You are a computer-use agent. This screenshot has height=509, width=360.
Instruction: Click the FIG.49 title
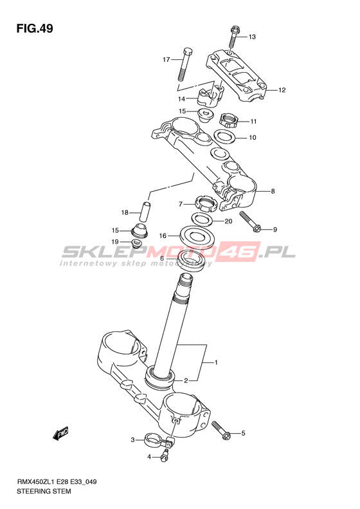pos(35,29)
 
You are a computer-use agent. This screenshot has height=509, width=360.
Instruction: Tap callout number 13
pos(252,37)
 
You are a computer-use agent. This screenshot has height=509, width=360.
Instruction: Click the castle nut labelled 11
pos(229,120)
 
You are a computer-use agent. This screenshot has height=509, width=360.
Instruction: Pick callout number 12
pos(282,90)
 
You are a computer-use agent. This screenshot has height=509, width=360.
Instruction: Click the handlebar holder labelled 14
pos(210,97)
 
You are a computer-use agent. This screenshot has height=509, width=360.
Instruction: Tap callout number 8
pos(273,191)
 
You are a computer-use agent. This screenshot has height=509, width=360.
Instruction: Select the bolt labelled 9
pos(250,223)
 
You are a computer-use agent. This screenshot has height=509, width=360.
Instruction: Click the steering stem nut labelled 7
pos(205,204)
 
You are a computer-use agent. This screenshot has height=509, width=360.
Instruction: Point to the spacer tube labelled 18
pos(146,212)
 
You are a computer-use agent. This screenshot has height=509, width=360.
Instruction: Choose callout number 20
pos(228,221)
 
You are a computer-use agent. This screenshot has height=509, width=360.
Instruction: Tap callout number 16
pos(163,236)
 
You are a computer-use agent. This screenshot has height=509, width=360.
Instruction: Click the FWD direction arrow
pos(61,433)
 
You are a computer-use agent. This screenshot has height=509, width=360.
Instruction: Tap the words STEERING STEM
pos(44,491)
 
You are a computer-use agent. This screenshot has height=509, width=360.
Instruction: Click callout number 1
pos(216,362)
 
